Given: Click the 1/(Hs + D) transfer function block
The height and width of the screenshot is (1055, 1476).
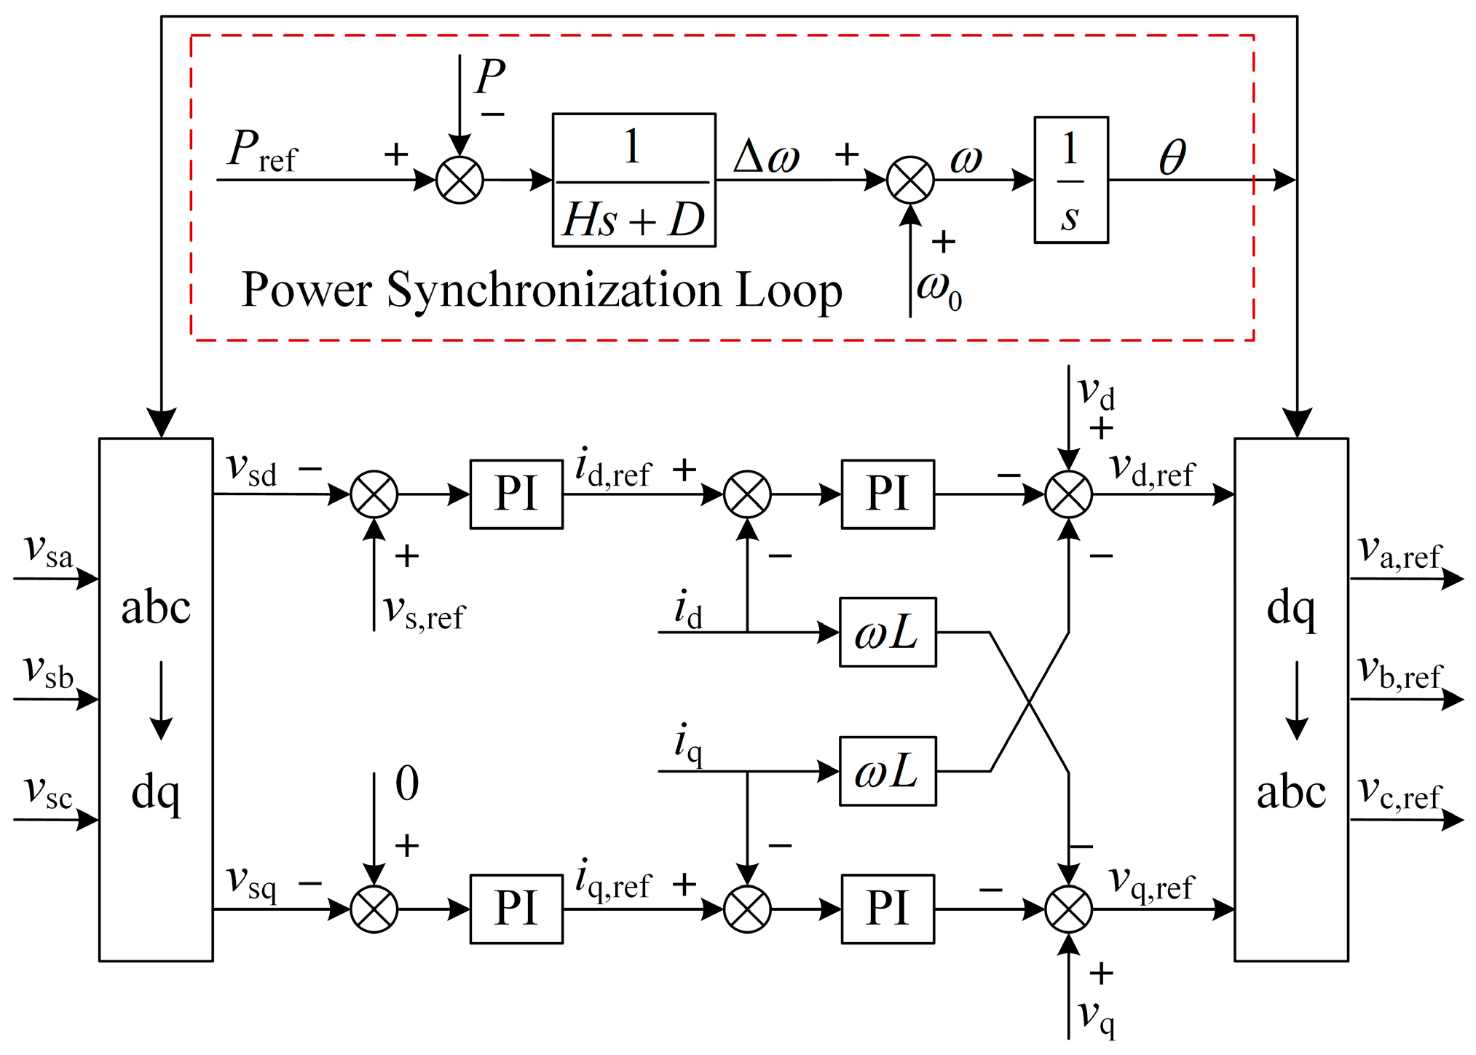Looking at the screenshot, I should pos(634,180).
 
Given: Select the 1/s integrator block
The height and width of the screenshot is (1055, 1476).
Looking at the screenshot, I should pos(1070,180).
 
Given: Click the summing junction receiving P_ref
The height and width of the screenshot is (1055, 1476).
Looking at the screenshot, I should pos(459,180).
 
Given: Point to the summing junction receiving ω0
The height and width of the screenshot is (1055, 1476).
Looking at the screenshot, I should pos(909,180).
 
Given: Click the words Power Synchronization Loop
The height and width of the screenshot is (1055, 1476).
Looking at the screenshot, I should pos(541,291).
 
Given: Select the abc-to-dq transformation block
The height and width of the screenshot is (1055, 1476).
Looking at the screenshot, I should pos(156,699).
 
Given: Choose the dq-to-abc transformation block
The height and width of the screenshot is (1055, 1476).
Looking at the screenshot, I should pos(1290,699).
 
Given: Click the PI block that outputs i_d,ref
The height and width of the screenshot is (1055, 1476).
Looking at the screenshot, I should pos(516,494).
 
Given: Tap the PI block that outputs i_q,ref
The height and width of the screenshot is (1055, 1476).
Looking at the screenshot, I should pos(516,909).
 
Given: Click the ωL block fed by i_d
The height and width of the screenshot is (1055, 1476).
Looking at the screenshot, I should pos(887,632).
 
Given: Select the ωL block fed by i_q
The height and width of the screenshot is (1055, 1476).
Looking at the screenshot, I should pos(887,771).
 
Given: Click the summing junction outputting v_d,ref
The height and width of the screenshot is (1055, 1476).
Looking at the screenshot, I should pos(1068,494).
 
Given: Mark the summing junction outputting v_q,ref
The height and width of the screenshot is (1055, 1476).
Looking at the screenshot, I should pos(1068,909).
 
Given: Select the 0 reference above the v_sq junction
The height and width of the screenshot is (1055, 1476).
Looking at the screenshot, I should pos(406,783).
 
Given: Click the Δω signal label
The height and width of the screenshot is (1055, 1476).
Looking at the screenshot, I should pos(766,157).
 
